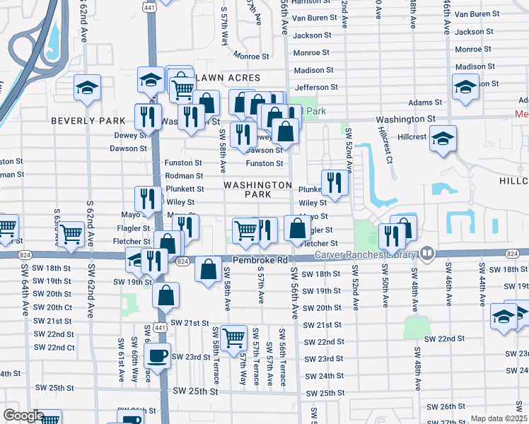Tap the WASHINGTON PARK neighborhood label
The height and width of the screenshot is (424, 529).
(x=257, y=189)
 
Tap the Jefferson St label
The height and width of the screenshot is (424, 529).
(x=316, y=88)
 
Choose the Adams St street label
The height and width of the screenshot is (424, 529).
(x=425, y=102)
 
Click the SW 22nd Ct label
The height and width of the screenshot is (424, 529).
(x=54, y=347)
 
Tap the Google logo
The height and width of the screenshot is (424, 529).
(x=23, y=416)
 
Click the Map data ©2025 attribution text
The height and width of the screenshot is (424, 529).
(x=499, y=418)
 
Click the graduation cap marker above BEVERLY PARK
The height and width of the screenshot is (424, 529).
(x=87, y=88)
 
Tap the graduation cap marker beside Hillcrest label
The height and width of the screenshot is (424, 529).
(x=443, y=138)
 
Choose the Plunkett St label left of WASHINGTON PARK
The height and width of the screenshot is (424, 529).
(x=185, y=189)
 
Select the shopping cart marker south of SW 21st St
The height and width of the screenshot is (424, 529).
(x=233, y=338)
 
